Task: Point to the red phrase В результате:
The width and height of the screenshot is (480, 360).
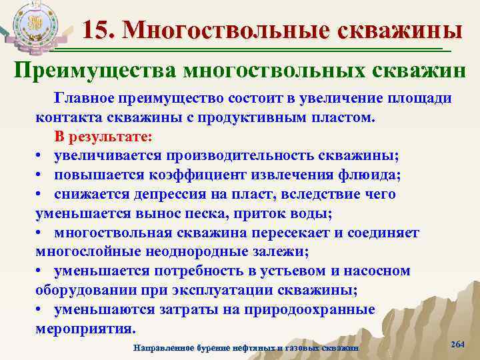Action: tap(103, 137)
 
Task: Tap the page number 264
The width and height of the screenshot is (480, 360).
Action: tap(457, 343)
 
